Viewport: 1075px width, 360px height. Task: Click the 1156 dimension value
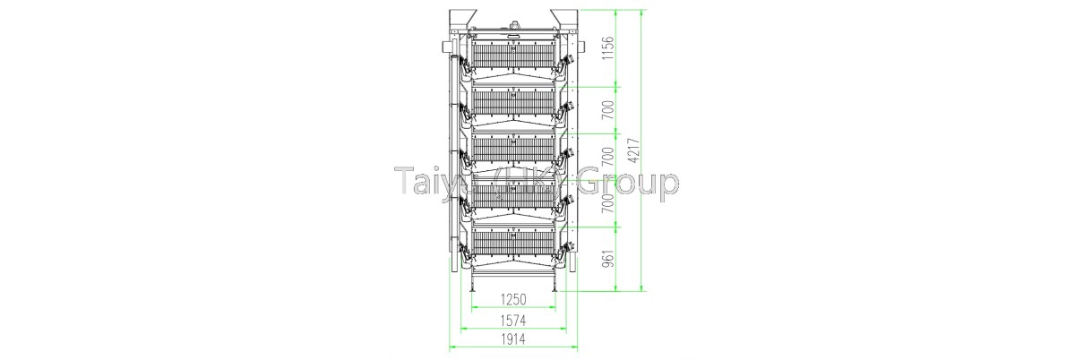pos(607,47)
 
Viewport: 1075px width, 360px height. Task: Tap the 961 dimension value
pos(607,258)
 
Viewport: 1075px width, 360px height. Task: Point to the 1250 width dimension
pos(512,299)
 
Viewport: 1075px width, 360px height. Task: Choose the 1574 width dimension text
pos(512,319)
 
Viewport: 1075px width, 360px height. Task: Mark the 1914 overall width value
pos(512,339)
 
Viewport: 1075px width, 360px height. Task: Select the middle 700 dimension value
pos(607,159)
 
